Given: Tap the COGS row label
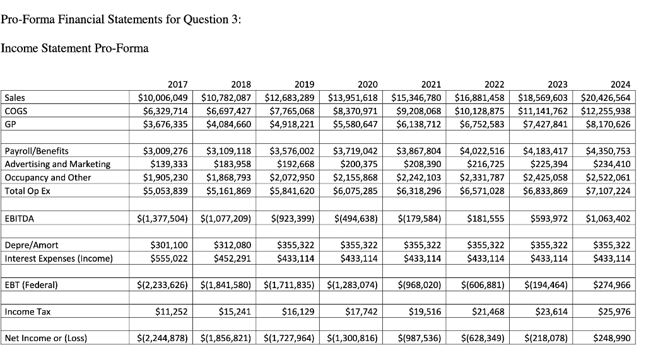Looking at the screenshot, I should click(15, 111).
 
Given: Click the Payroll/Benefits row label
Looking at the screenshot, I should click(37, 151).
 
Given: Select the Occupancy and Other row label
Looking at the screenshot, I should click(48, 177).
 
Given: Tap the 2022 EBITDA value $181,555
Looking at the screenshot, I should click(486, 219).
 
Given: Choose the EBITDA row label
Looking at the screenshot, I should click(18, 219).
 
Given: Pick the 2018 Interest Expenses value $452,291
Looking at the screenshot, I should click(233, 258).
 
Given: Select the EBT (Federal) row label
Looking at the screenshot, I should click(31, 285).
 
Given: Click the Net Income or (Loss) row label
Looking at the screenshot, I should click(45, 338).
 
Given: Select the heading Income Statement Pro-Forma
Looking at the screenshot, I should click(74, 49).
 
